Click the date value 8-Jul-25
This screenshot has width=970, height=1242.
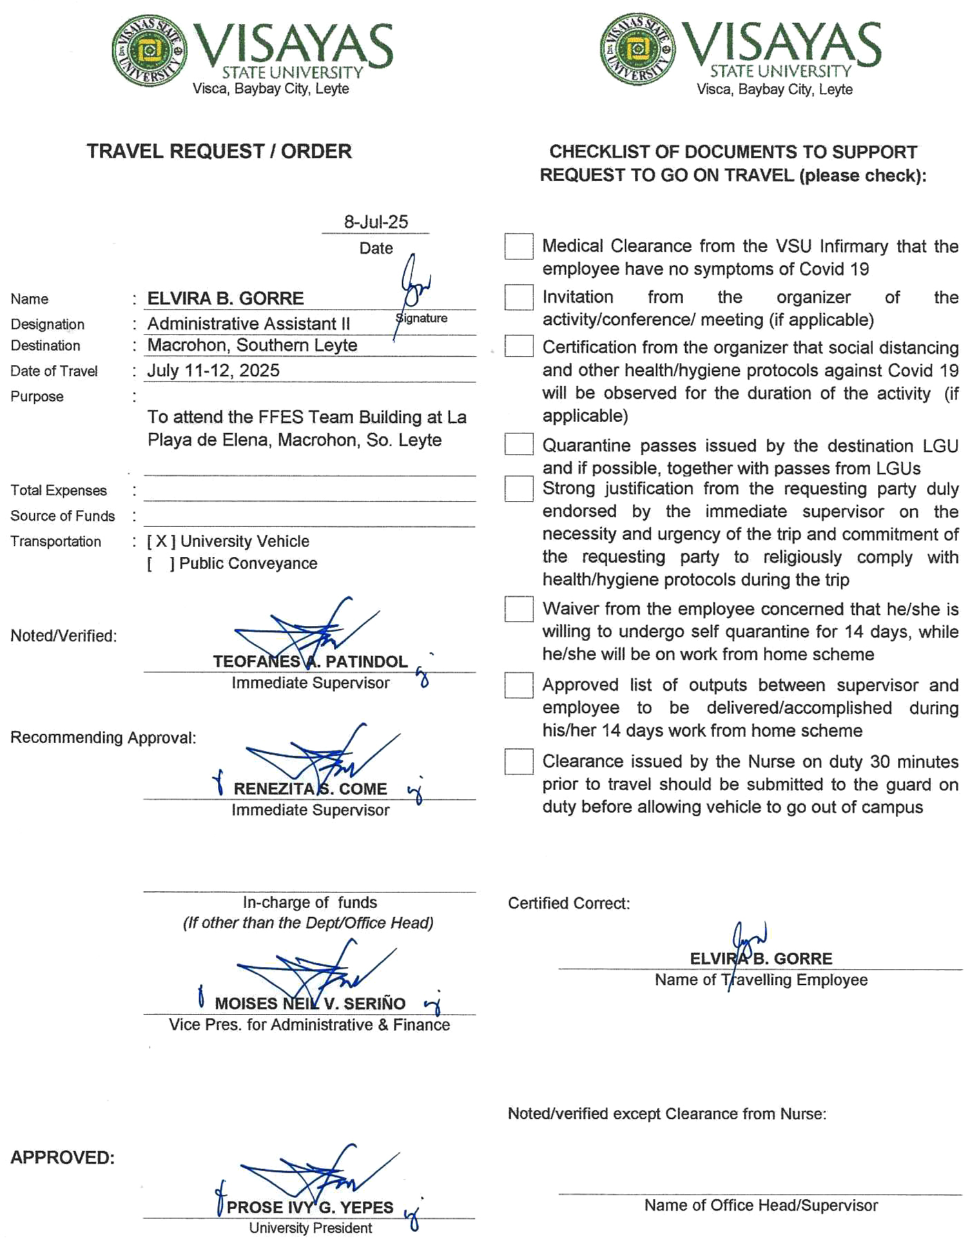[376, 222]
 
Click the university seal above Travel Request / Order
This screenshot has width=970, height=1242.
[149, 50]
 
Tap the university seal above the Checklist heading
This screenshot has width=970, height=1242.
[638, 49]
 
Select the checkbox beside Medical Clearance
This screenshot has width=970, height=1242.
[518, 246]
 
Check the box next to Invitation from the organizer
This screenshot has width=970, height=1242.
[518, 298]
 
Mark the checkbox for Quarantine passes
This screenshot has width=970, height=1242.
[518, 444]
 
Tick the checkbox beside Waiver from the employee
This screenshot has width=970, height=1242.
[518, 609]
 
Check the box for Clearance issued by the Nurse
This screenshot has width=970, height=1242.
[518, 761]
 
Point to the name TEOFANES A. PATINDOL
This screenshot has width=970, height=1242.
[310, 662]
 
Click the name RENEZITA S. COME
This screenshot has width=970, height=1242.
[310, 789]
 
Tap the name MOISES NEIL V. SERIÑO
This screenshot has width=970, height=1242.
[310, 1004]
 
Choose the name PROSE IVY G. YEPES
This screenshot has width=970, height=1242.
[310, 1207]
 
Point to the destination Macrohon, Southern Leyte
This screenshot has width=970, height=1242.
[252, 345]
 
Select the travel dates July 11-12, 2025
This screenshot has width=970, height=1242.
[213, 371]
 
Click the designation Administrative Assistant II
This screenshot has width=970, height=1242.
[249, 324]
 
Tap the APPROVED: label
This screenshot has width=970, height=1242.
[62, 1158]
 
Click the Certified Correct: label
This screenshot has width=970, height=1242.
[569, 904]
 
